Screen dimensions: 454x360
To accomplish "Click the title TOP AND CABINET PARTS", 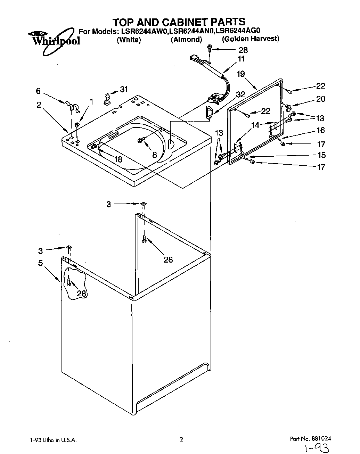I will [179, 22].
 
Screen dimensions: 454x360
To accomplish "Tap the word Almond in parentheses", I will [186, 40].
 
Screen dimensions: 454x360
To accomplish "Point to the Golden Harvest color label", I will [251, 39].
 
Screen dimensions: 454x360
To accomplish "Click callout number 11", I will [241, 59].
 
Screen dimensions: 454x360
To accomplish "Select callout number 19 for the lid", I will [240, 74].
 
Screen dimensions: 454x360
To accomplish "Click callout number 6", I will [38, 91].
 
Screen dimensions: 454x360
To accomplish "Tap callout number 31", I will [124, 89].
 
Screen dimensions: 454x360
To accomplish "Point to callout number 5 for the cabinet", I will [40, 263].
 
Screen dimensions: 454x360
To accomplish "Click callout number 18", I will [118, 159].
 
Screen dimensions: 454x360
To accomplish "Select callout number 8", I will [154, 154].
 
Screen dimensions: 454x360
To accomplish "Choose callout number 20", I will [320, 99].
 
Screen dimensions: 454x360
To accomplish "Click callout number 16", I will [320, 130].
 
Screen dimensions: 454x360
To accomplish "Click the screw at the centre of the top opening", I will [141, 140].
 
